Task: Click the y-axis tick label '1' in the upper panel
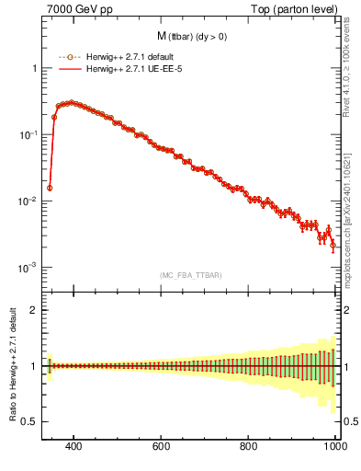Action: point(34,69)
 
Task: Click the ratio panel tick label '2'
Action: point(34,310)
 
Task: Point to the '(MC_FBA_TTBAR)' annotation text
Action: point(191,275)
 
